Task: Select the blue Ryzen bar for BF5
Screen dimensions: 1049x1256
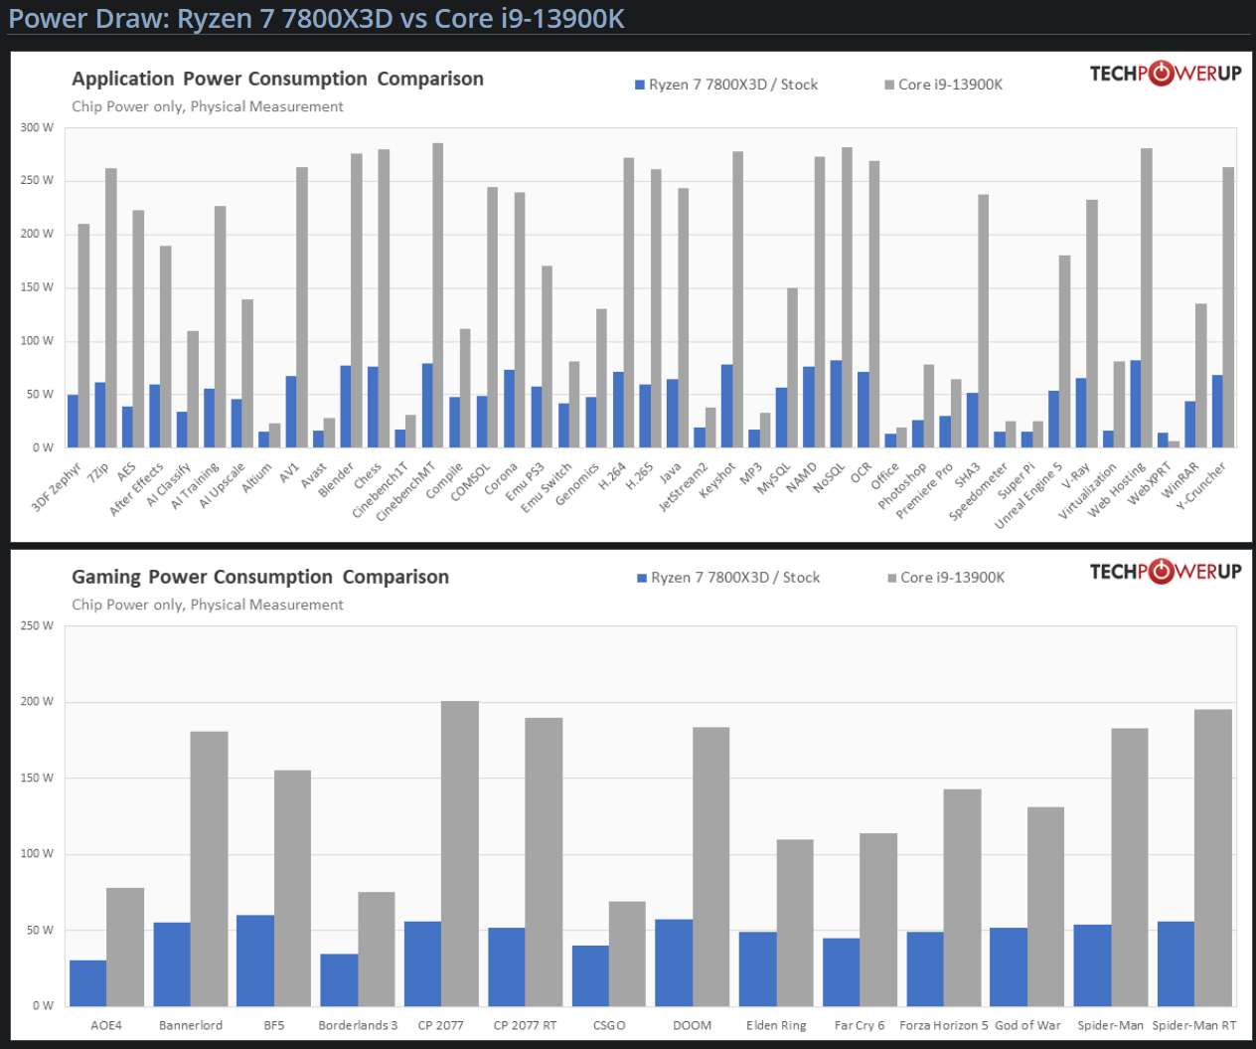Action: pos(255,960)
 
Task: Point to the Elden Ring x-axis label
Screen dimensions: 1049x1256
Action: pos(776,1025)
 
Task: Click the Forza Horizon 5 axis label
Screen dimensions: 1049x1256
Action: pos(943,1025)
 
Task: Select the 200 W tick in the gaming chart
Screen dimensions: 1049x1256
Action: pos(37,701)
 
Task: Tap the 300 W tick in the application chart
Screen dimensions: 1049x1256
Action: pos(37,127)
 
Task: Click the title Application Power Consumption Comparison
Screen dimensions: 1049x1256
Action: pos(277,79)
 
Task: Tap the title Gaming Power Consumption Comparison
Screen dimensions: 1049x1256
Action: pos(260,577)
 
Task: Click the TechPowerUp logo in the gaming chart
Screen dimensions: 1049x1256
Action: pos(1165,571)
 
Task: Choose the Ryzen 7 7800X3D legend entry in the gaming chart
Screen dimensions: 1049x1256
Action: pos(728,578)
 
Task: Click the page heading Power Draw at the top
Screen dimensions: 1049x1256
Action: pos(316,18)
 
